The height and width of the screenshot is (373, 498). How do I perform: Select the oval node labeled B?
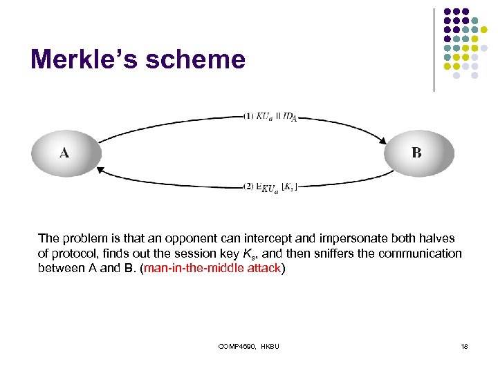pos(418,153)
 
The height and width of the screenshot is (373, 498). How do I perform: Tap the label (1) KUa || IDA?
pos(270,116)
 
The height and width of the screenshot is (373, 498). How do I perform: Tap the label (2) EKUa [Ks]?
pos(270,187)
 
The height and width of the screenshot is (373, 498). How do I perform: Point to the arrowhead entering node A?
pos(101,169)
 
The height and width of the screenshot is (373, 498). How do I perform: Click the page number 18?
pos(464,345)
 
